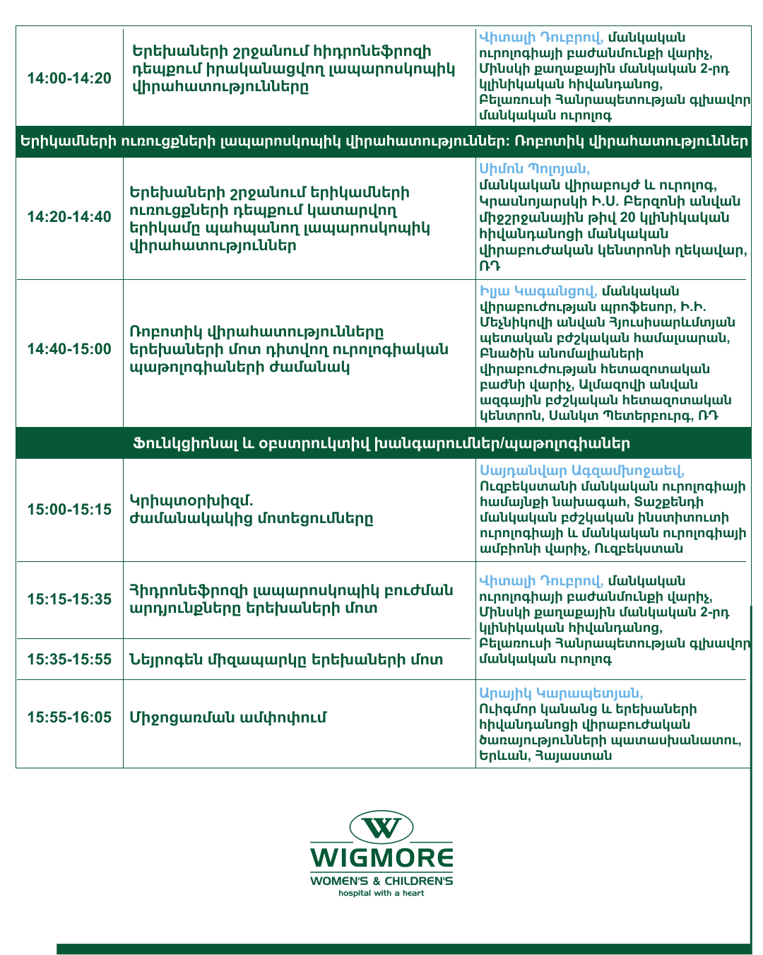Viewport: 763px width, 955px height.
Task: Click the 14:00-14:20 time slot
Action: tap(69, 78)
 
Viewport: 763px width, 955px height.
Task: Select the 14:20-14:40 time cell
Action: tap(69, 217)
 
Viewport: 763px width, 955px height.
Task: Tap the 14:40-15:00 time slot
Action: tap(69, 349)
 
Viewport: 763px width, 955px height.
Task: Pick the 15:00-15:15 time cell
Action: tap(69, 510)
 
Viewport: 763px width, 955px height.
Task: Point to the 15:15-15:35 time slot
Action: tap(69, 599)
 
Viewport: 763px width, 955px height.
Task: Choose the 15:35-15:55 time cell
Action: tap(69, 660)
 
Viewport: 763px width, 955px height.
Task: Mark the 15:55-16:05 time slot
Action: tap(69, 717)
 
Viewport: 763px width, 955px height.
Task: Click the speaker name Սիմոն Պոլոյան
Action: tap(534, 169)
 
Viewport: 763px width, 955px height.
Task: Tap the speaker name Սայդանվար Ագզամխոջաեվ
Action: tap(581, 471)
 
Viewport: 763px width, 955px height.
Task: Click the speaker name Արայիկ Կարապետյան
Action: tap(561, 693)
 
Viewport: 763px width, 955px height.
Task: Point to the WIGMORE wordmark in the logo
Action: tap(381, 858)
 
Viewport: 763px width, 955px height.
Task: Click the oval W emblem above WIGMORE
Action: tap(381, 827)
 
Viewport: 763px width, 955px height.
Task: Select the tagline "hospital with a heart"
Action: tap(381, 894)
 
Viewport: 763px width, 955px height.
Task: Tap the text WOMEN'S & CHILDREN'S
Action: tap(381, 881)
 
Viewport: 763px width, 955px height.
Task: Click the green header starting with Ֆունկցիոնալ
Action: tap(381, 444)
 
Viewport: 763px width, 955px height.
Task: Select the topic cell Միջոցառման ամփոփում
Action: tap(227, 717)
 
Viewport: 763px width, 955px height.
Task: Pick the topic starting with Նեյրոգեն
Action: tap(286, 660)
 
